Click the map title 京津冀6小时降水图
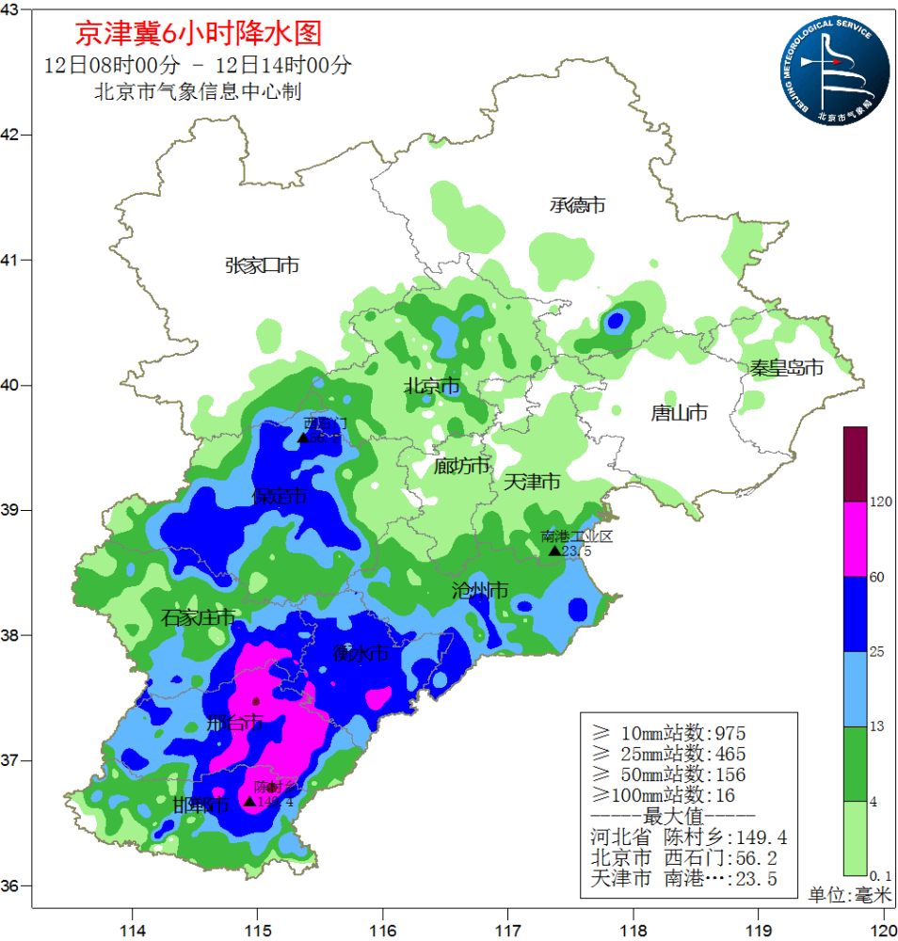coord(198,34)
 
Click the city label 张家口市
coord(262,265)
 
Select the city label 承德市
coord(577,204)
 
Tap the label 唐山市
coord(679,412)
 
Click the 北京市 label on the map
coord(431,386)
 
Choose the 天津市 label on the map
coord(532,482)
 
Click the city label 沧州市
coord(480,590)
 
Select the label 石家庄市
coord(198,617)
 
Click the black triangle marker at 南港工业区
coord(554,550)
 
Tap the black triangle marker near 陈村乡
coord(249,801)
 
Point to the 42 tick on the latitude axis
coord(14,135)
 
